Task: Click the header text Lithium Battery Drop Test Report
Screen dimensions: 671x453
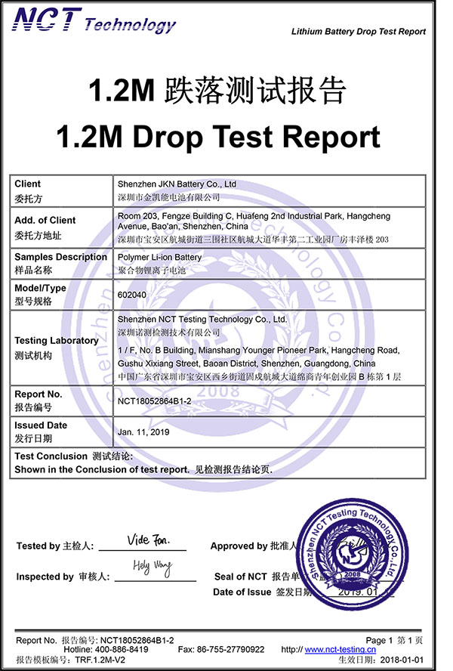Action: (x=358, y=32)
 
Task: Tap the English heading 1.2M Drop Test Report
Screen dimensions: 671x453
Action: (x=218, y=137)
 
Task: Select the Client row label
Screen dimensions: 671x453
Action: (x=28, y=184)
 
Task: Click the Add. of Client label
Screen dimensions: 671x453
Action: (x=45, y=221)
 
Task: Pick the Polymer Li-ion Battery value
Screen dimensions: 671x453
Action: (x=160, y=257)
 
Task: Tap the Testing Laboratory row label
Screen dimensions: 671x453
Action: (x=57, y=341)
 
